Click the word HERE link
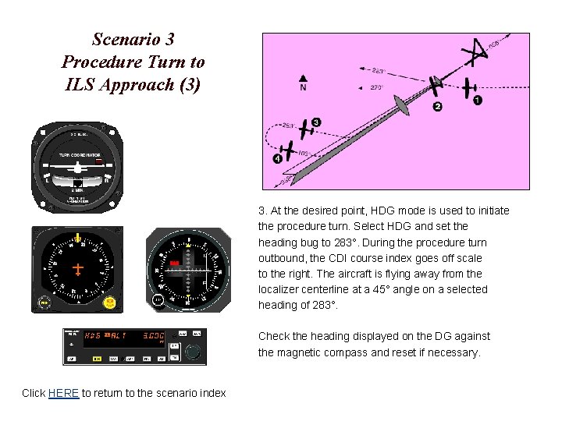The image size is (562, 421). (63, 393)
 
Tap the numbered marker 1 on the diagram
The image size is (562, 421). (478, 100)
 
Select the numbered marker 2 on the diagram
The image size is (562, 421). (437, 106)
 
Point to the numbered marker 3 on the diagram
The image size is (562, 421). (315, 122)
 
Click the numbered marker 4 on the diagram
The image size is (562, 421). (278, 159)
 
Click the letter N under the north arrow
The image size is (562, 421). (303, 88)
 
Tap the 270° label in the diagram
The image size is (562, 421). (376, 87)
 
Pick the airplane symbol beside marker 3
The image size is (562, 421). (298, 129)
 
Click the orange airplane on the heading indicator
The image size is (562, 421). (77, 269)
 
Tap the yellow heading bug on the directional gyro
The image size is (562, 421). (78, 236)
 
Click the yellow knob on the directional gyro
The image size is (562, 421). (110, 301)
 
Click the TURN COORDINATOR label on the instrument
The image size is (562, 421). (76, 154)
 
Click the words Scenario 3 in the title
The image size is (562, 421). (133, 39)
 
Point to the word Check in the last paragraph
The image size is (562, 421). (275, 336)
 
